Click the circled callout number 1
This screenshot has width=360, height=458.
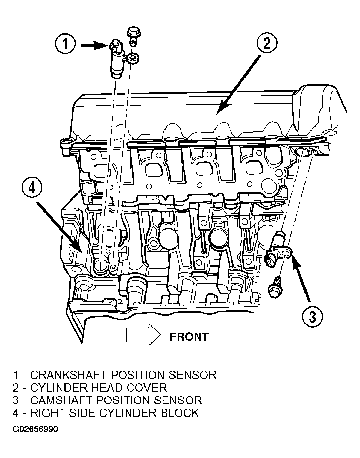(65, 45)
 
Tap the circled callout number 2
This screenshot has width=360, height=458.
(267, 43)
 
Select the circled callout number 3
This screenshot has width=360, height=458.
(312, 316)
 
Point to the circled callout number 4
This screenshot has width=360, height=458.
(32, 188)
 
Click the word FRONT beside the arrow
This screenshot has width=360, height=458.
(189, 337)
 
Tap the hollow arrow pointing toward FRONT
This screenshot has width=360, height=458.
(143, 335)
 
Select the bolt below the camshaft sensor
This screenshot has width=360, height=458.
(275, 287)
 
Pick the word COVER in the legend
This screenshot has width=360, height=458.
(147, 388)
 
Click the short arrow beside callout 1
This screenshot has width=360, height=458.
(95, 45)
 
